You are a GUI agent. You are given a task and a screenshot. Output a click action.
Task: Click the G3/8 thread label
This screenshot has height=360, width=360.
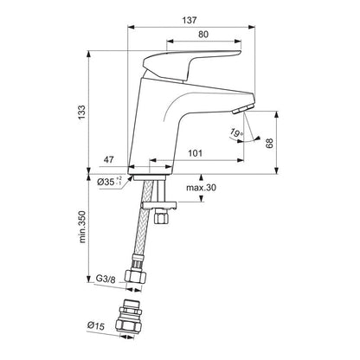click(x=104, y=280)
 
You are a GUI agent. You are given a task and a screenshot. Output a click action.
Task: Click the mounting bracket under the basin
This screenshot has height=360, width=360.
click(x=158, y=205)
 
